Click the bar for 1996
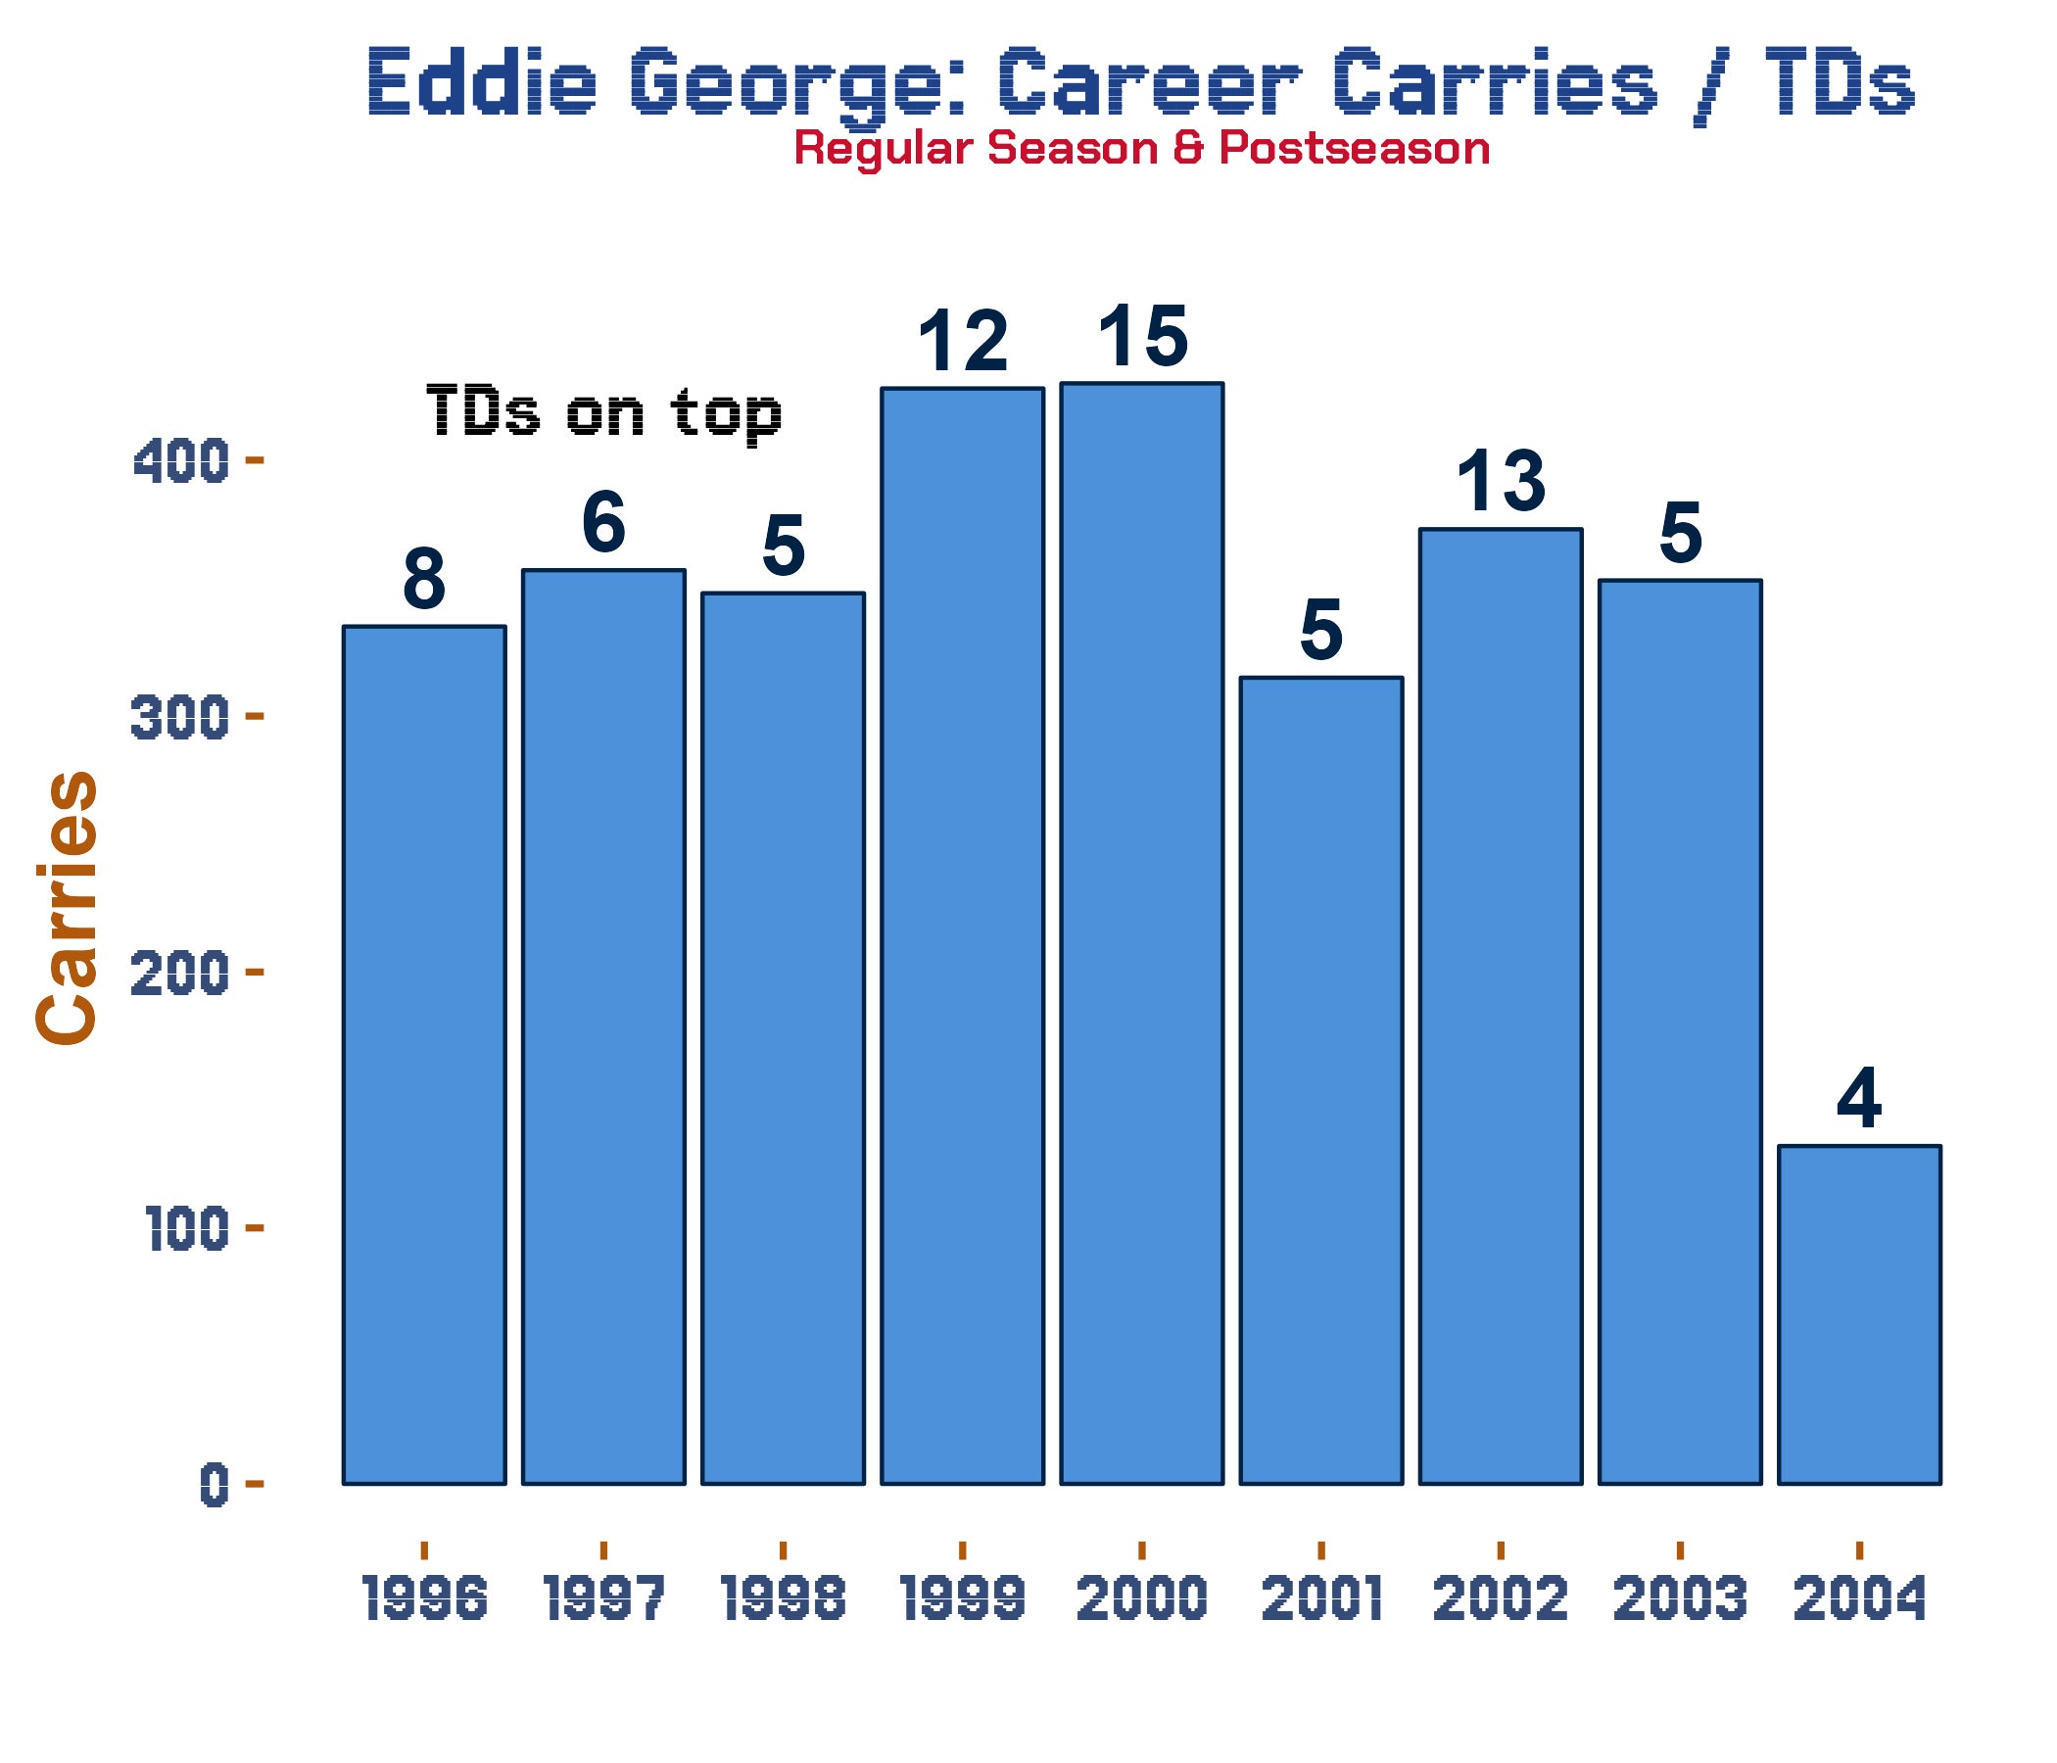coord(424,1055)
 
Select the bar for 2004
coord(1859,1315)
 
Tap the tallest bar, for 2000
coord(1142,933)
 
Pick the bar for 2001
coord(1321,1081)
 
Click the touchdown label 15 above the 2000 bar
coord(1143,337)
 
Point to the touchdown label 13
coord(1501,482)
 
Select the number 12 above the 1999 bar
coord(963,342)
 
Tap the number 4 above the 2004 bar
coord(1859,1099)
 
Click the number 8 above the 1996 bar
coord(424,580)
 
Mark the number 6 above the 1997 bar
coord(603,523)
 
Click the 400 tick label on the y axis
coord(180,463)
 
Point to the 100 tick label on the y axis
coord(188,1231)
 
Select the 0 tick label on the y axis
coord(215,1487)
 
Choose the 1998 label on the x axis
coord(784,1600)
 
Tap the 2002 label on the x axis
coord(1501,1600)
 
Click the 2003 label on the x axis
coord(1680,1600)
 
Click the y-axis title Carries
coord(68,907)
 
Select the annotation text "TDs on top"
coord(603,411)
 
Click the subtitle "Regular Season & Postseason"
coord(1142,149)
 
